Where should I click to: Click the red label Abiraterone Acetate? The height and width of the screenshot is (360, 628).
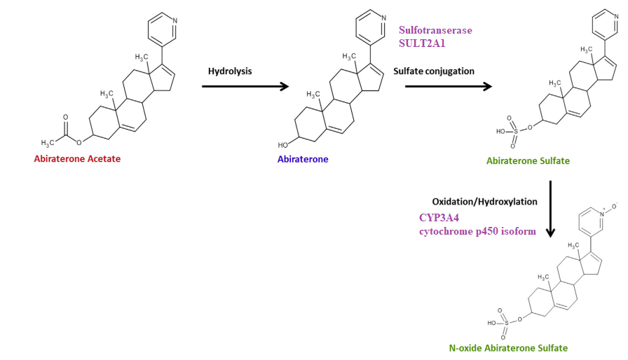coord(77,159)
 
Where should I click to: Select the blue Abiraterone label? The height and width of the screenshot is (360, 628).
coord(303,159)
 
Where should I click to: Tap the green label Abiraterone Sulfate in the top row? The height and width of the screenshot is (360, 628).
coord(528,161)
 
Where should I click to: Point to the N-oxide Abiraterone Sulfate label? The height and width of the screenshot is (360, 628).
coord(508,348)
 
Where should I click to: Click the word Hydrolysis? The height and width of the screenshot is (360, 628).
coord(230,71)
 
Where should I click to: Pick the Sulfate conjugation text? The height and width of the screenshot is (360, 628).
coord(434,71)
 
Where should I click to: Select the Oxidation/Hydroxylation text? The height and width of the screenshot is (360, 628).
coord(484,202)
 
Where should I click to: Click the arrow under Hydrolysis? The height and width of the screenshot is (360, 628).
coord(245,86)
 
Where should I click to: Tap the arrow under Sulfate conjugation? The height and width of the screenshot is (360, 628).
coord(449,86)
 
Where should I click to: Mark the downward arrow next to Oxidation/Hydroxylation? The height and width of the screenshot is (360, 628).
coord(551,209)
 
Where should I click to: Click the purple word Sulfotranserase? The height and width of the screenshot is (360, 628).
coord(435,30)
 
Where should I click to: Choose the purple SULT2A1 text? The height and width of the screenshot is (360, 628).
coord(422,43)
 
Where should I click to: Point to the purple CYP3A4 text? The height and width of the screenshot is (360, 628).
coord(439,218)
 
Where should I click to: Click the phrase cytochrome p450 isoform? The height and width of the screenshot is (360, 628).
coord(477,231)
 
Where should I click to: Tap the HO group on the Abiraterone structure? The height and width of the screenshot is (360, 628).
coord(282,145)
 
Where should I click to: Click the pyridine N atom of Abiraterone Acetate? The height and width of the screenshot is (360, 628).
coord(175,20)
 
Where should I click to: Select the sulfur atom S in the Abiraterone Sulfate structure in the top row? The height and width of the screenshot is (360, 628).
coord(515,131)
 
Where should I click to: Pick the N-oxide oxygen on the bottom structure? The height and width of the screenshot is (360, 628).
coord(615,207)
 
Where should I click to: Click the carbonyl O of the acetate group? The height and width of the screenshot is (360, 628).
coord(65,117)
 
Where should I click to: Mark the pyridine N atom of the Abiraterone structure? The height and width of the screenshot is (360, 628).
coord(383,18)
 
